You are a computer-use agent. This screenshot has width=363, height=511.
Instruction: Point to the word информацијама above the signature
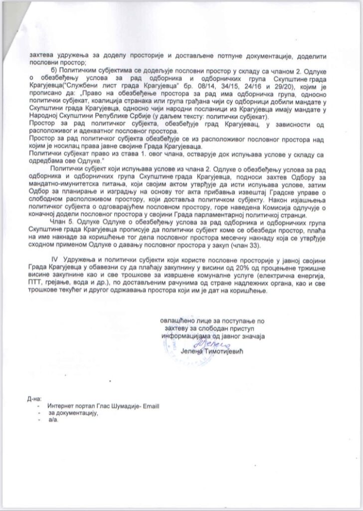187,336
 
